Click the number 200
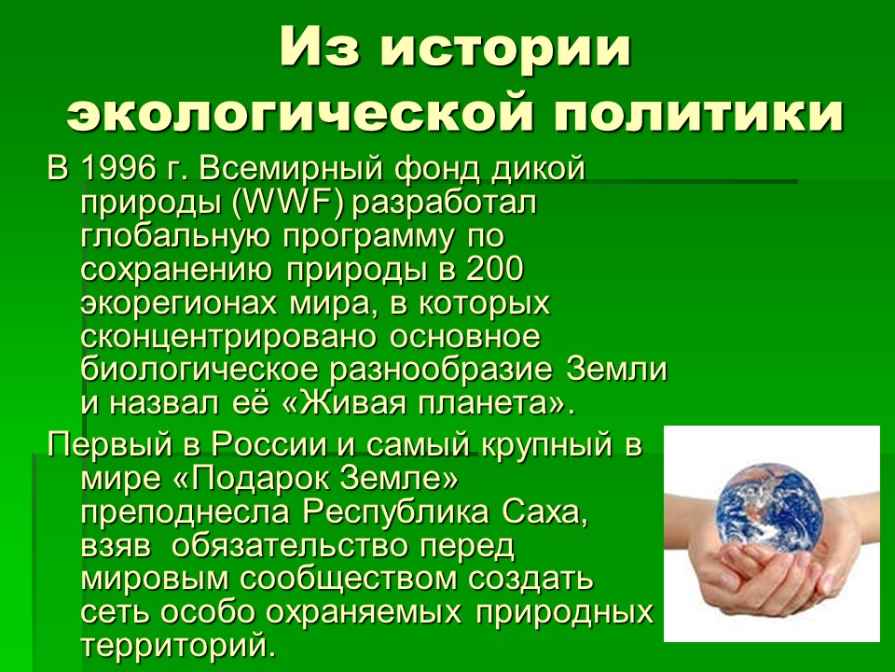pos(495,269)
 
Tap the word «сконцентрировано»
pos(229,338)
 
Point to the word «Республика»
pos(394,513)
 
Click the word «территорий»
pos(174,646)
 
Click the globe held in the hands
pos(770,506)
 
